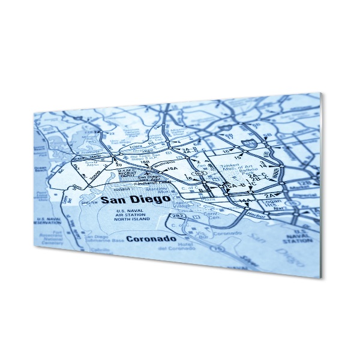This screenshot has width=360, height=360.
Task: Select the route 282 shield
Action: [x=178, y=216]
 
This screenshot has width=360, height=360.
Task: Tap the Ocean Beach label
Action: [x=40, y=170]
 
